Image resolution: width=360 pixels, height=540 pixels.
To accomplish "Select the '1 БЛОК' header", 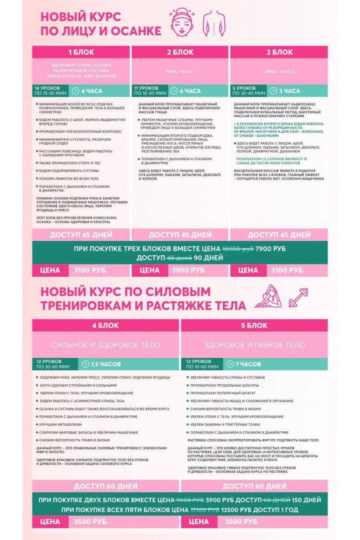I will [x=81, y=52].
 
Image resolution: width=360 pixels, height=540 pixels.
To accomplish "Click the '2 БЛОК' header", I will [x=180, y=52].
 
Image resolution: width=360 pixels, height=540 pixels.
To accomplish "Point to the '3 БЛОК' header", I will [x=279, y=52].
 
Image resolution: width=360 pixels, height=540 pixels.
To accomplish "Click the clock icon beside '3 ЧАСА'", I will [x=273, y=91].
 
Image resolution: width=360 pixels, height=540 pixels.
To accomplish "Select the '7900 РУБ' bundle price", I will [x=270, y=249].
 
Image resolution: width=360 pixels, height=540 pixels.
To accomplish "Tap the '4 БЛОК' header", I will [x=106, y=325].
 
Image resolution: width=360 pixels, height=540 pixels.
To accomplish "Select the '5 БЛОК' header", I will [x=254, y=325].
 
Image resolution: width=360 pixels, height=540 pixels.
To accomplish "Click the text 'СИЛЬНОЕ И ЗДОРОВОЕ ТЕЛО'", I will [x=106, y=345].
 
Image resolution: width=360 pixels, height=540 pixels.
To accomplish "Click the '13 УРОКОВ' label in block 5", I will [x=198, y=361].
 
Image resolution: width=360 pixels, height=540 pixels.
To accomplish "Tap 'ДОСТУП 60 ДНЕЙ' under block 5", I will [x=254, y=486].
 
